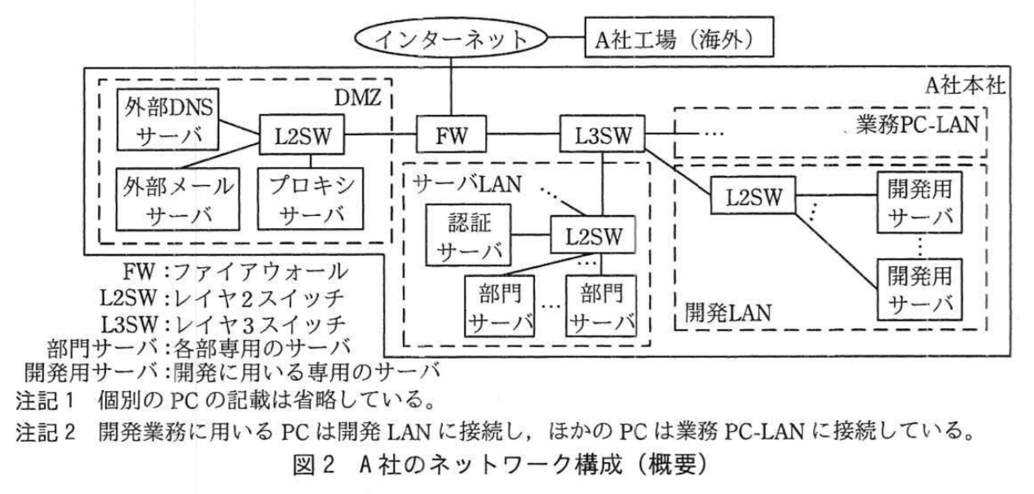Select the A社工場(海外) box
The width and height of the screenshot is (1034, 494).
(x=679, y=39)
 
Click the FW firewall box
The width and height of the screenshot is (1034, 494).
(x=452, y=135)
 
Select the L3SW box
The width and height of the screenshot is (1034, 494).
(x=603, y=135)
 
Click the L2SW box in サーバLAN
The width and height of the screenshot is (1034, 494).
(x=593, y=236)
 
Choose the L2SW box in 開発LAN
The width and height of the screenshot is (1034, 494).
(x=754, y=196)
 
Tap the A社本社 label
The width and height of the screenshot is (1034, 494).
(x=964, y=84)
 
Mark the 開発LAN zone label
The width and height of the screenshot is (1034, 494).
(x=728, y=312)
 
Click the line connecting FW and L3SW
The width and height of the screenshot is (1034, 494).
(x=524, y=135)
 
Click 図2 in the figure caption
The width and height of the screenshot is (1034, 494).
(x=314, y=466)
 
